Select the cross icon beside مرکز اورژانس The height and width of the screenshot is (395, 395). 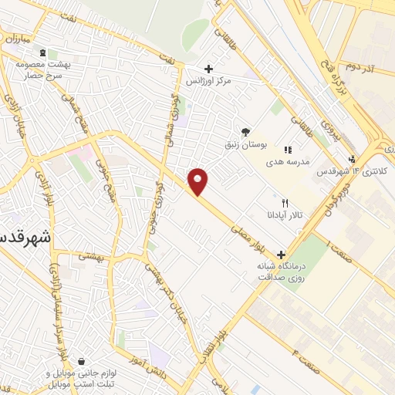208,69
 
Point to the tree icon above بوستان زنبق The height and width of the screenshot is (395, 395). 245,132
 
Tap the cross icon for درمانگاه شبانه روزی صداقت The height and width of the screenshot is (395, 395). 281,254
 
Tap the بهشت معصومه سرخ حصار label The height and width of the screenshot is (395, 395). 43,71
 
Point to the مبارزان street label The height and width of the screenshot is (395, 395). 15,38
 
